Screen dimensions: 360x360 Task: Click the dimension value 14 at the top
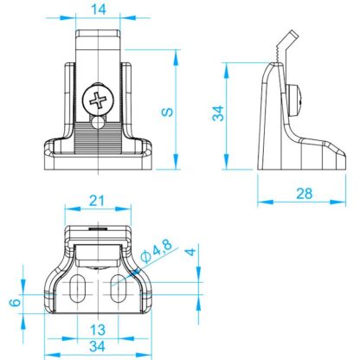[x=99, y=10]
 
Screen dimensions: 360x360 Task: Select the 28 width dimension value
[x=305, y=194]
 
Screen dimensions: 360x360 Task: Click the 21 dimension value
[x=96, y=201]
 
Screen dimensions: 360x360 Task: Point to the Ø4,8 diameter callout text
[x=157, y=251]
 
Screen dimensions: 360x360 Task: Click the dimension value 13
[x=98, y=330]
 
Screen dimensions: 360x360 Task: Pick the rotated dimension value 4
[x=190, y=252]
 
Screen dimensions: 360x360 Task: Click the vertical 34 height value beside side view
[x=218, y=113]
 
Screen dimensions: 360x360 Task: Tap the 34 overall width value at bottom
[x=97, y=346]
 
